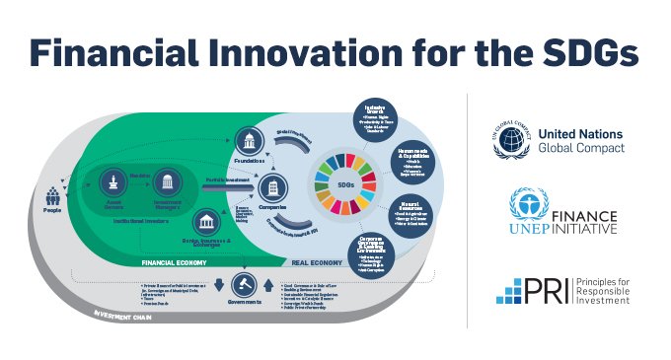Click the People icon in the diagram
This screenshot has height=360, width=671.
(51, 194)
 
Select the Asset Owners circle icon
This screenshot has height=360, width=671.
(114, 180)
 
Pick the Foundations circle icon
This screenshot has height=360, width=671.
(247, 140)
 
